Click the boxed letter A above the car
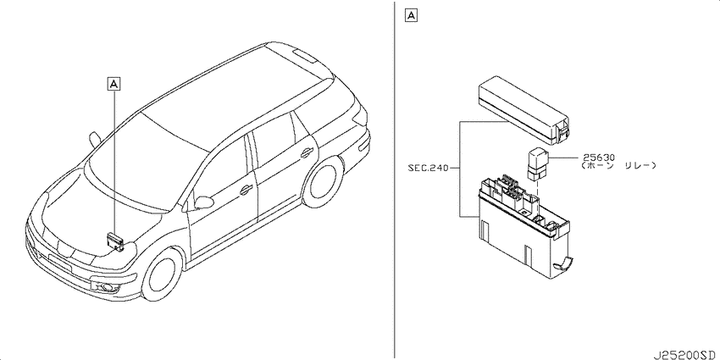point(113,84)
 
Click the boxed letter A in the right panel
point(411,16)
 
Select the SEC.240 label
point(428,168)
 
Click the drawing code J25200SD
point(685,355)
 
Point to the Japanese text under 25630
point(617,166)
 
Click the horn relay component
point(538,163)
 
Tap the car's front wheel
point(162,274)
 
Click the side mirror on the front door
point(204,202)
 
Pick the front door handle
point(246,189)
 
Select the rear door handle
point(307,153)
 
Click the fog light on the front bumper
point(106,288)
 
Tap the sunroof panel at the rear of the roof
point(303,56)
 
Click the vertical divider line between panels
point(396,180)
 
